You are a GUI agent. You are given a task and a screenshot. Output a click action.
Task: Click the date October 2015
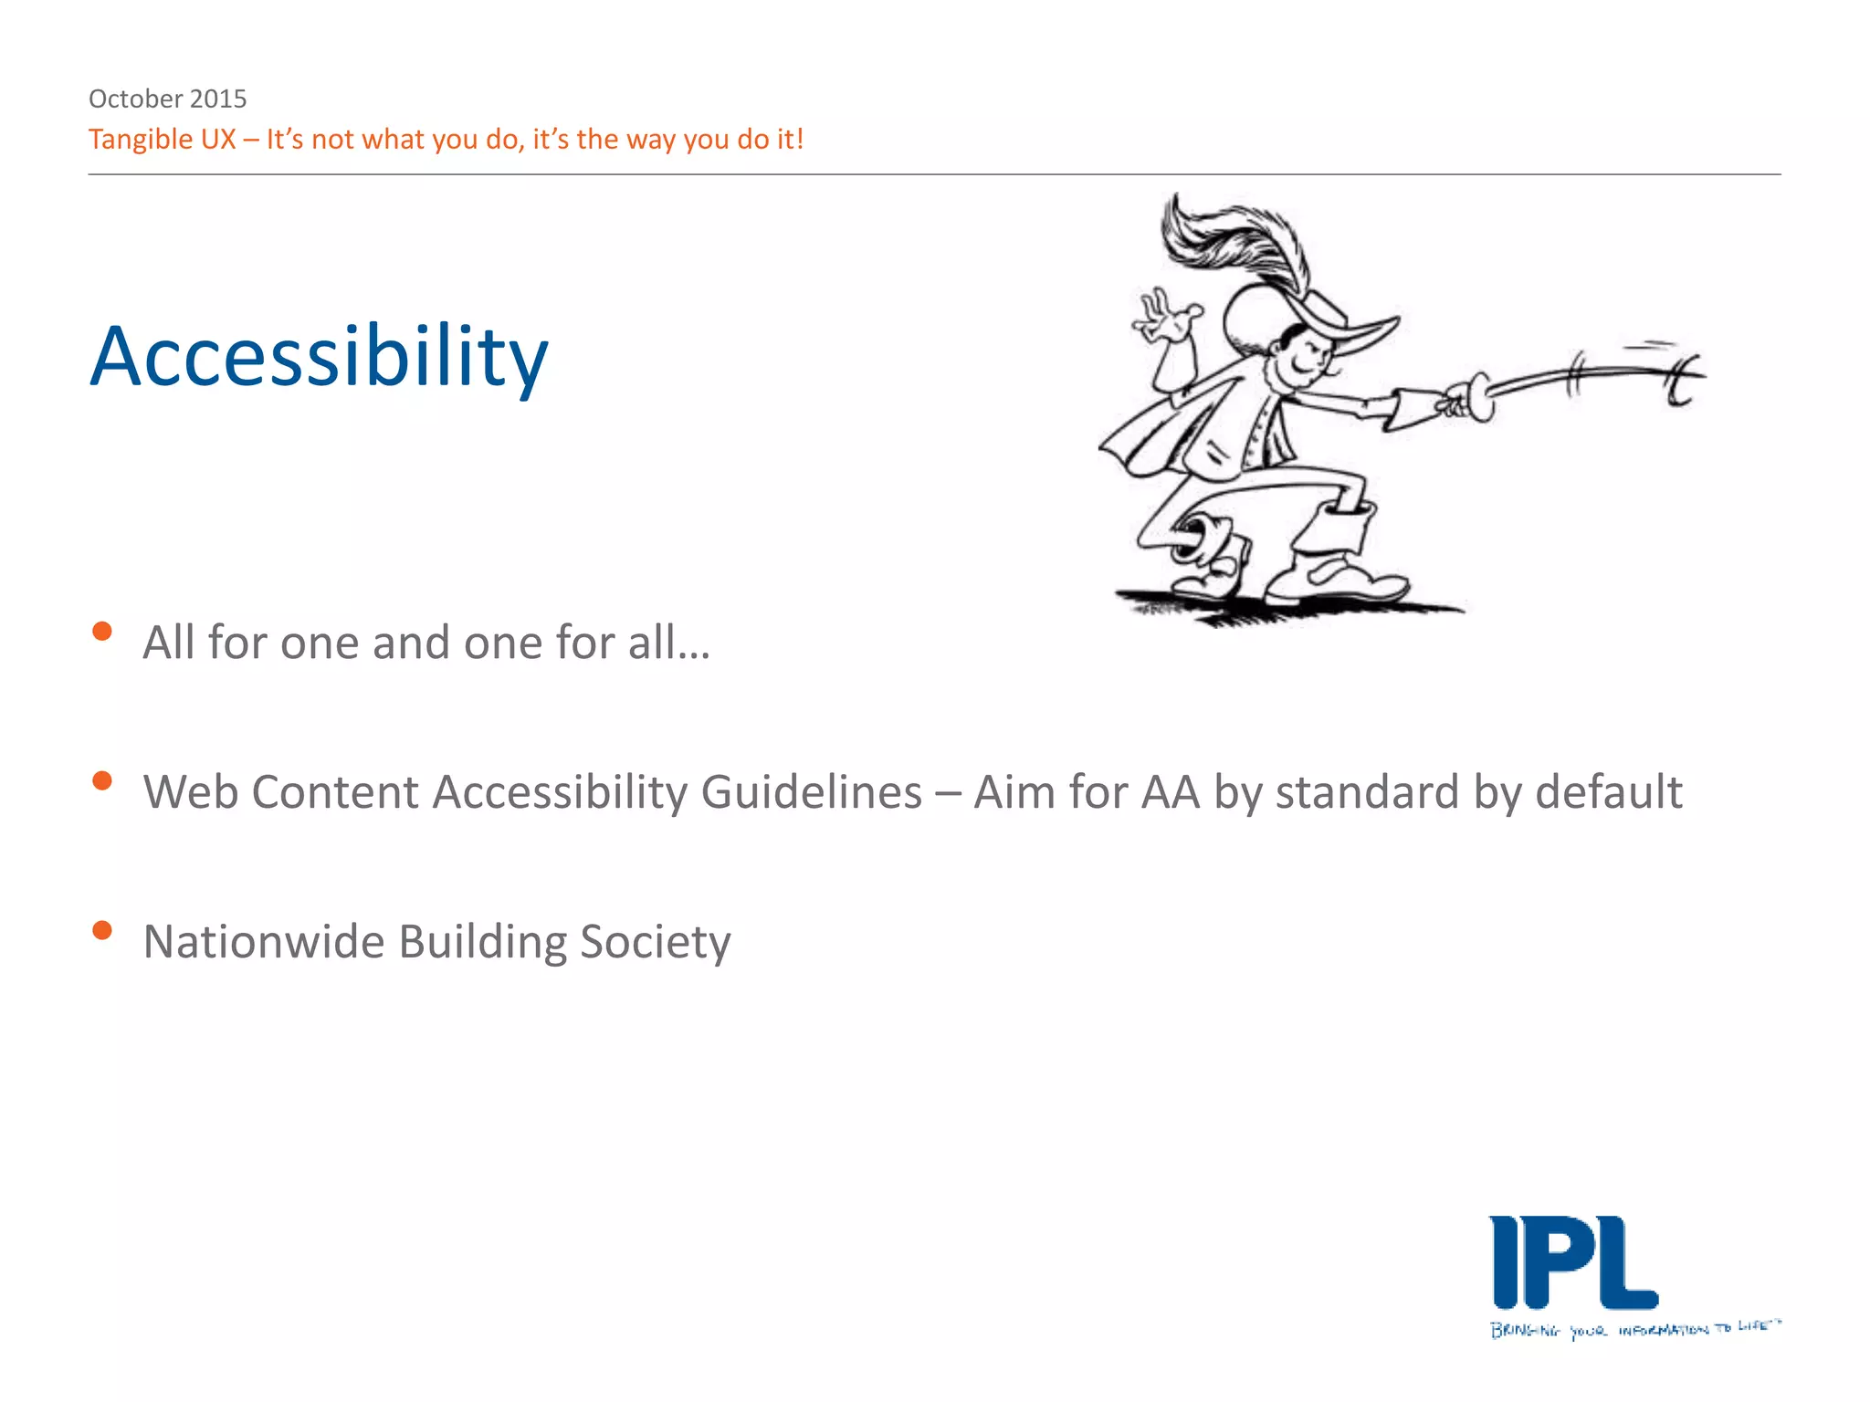tap(167, 99)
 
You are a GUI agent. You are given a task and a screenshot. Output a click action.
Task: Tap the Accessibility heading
tap(319, 357)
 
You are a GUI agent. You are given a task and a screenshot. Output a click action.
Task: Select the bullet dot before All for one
tap(102, 632)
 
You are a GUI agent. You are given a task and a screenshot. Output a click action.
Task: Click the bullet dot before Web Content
tap(102, 781)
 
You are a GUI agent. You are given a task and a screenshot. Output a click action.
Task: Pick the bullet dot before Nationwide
tap(102, 931)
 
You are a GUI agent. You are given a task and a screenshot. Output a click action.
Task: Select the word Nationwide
tap(263, 942)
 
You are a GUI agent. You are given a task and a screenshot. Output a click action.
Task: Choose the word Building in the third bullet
tap(482, 942)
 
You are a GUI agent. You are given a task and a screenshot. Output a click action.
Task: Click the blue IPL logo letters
tap(1572, 1263)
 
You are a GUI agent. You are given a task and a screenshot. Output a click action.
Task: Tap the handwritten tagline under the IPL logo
tap(1634, 1329)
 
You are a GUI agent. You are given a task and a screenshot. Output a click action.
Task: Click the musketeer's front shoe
tap(1342, 580)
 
